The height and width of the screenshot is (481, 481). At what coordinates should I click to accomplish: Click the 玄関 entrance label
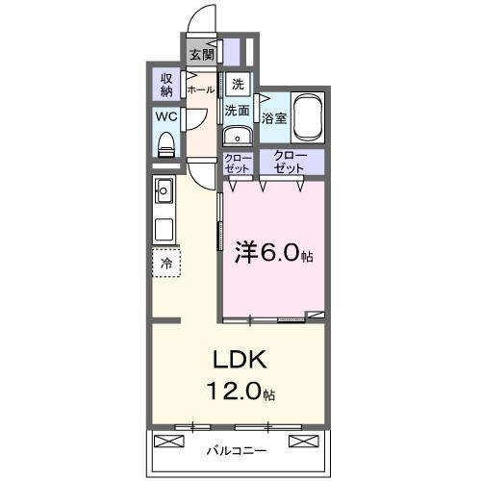click(x=201, y=55)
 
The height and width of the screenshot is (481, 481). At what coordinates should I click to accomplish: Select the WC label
click(x=166, y=118)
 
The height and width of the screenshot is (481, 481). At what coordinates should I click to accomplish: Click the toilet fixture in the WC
click(x=166, y=144)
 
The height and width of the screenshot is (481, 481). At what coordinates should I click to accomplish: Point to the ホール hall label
click(x=201, y=89)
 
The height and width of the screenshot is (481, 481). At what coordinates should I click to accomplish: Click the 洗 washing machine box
click(x=238, y=84)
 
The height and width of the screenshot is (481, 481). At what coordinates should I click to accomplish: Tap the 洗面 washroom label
click(x=238, y=111)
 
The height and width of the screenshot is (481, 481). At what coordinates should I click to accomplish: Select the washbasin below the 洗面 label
click(x=238, y=135)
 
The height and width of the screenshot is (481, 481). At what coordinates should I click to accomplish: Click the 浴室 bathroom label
click(x=273, y=118)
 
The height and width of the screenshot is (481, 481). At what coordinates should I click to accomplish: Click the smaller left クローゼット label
click(x=238, y=163)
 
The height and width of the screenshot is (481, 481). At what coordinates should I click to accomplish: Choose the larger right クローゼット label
click(x=289, y=162)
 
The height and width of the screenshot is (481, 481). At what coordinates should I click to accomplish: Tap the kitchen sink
click(x=165, y=190)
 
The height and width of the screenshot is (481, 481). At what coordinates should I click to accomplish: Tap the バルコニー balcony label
click(x=239, y=449)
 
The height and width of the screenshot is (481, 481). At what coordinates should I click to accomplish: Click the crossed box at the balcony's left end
click(x=168, y=443)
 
